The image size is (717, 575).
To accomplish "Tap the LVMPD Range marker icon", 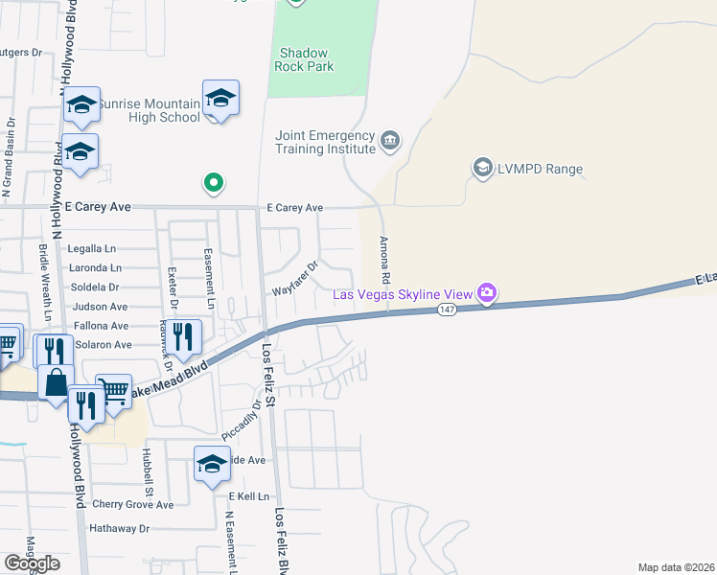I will [x=481, y=170].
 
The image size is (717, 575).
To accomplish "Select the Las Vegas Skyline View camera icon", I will [x=487, y=292].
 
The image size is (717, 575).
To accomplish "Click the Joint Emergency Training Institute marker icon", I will [x=389, y=142].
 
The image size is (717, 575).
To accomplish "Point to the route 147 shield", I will [x=448, y=310].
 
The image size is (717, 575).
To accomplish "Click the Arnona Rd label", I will [x=385, y=260].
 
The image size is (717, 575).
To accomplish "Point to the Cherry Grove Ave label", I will [x=133, y=504].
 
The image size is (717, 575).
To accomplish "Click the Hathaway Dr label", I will [x=120, y=528].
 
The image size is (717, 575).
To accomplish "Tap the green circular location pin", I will [x=214, y=181].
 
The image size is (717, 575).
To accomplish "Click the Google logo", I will [x=32, y=563].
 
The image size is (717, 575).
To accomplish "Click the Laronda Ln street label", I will [x=96, y=268].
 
